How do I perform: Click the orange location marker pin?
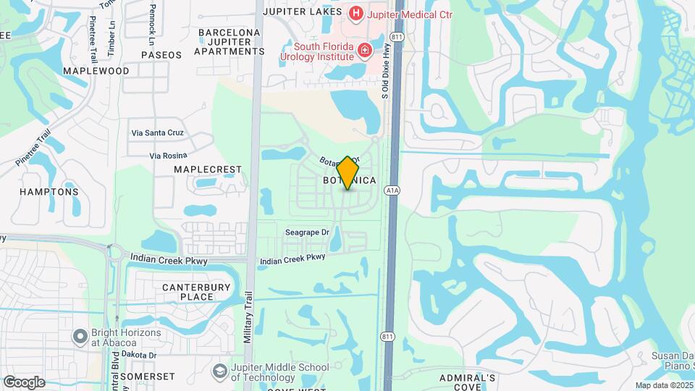pos(348,172)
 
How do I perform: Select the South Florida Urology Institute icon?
pos(365,49)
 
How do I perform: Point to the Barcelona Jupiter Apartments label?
pos(229,42)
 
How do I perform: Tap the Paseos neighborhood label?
pos(161,54)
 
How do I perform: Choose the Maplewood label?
pos(96,71)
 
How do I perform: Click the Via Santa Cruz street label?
pos(157,133)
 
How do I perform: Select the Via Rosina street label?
pos(168,155)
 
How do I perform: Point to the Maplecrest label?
pos(207,169)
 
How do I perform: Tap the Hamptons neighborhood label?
pos(49,192)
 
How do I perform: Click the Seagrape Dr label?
pos(307,232)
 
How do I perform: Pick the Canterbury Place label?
pos(188,292)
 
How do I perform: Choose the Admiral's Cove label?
pos(468,382)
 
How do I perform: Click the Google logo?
pos(24,382)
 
